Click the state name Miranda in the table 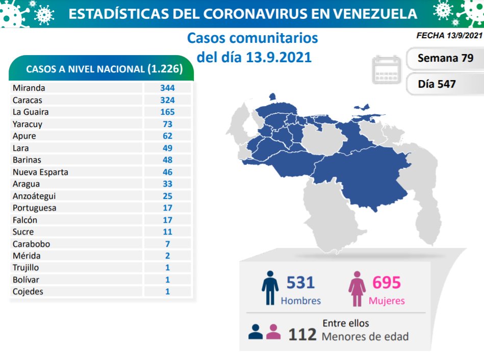pyautogui.click(x=29, y=88)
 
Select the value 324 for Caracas pyautogui.click(x=167, y=100)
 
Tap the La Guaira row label pyautogui.click(x=31, y=112)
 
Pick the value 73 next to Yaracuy pyautogui.click(x=167, y=124)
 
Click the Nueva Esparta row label pyautogui.click(x=40, y=172)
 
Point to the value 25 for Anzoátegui pyautogui.click(x=167, y=196)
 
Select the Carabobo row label pyautogui.click(x=32, y=244)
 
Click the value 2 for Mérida pyautogui.click(x=167, y=256)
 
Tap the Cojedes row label pyautogui.click(x=29, y=292)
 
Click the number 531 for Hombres pyautogui.click(x=300, y=282)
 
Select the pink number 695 pyautogui.click(x=387, y=282)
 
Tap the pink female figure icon pyautogui.click(x=357, y=289)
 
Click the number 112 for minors pyautogui.click(x=302, y=335)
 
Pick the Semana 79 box pyautogui.click(x=445, y=58)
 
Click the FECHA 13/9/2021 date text pyautogui.click(x=449, y=36)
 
